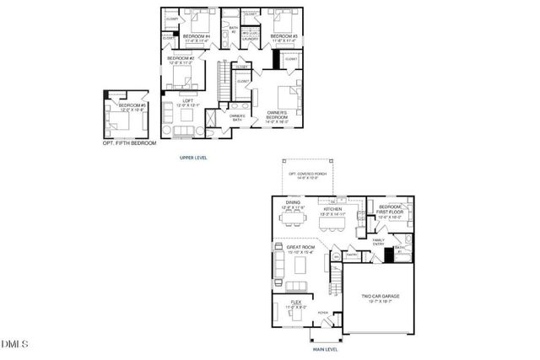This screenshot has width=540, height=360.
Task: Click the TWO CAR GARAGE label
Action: tap(381, 297)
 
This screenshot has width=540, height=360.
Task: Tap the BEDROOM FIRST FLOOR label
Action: tap(390, 209)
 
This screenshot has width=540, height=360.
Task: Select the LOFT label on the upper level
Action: tap(188, 102)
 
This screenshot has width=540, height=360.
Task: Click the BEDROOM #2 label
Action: tap(181, 59)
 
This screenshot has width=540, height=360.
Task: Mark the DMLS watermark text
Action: tap(15, 344)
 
